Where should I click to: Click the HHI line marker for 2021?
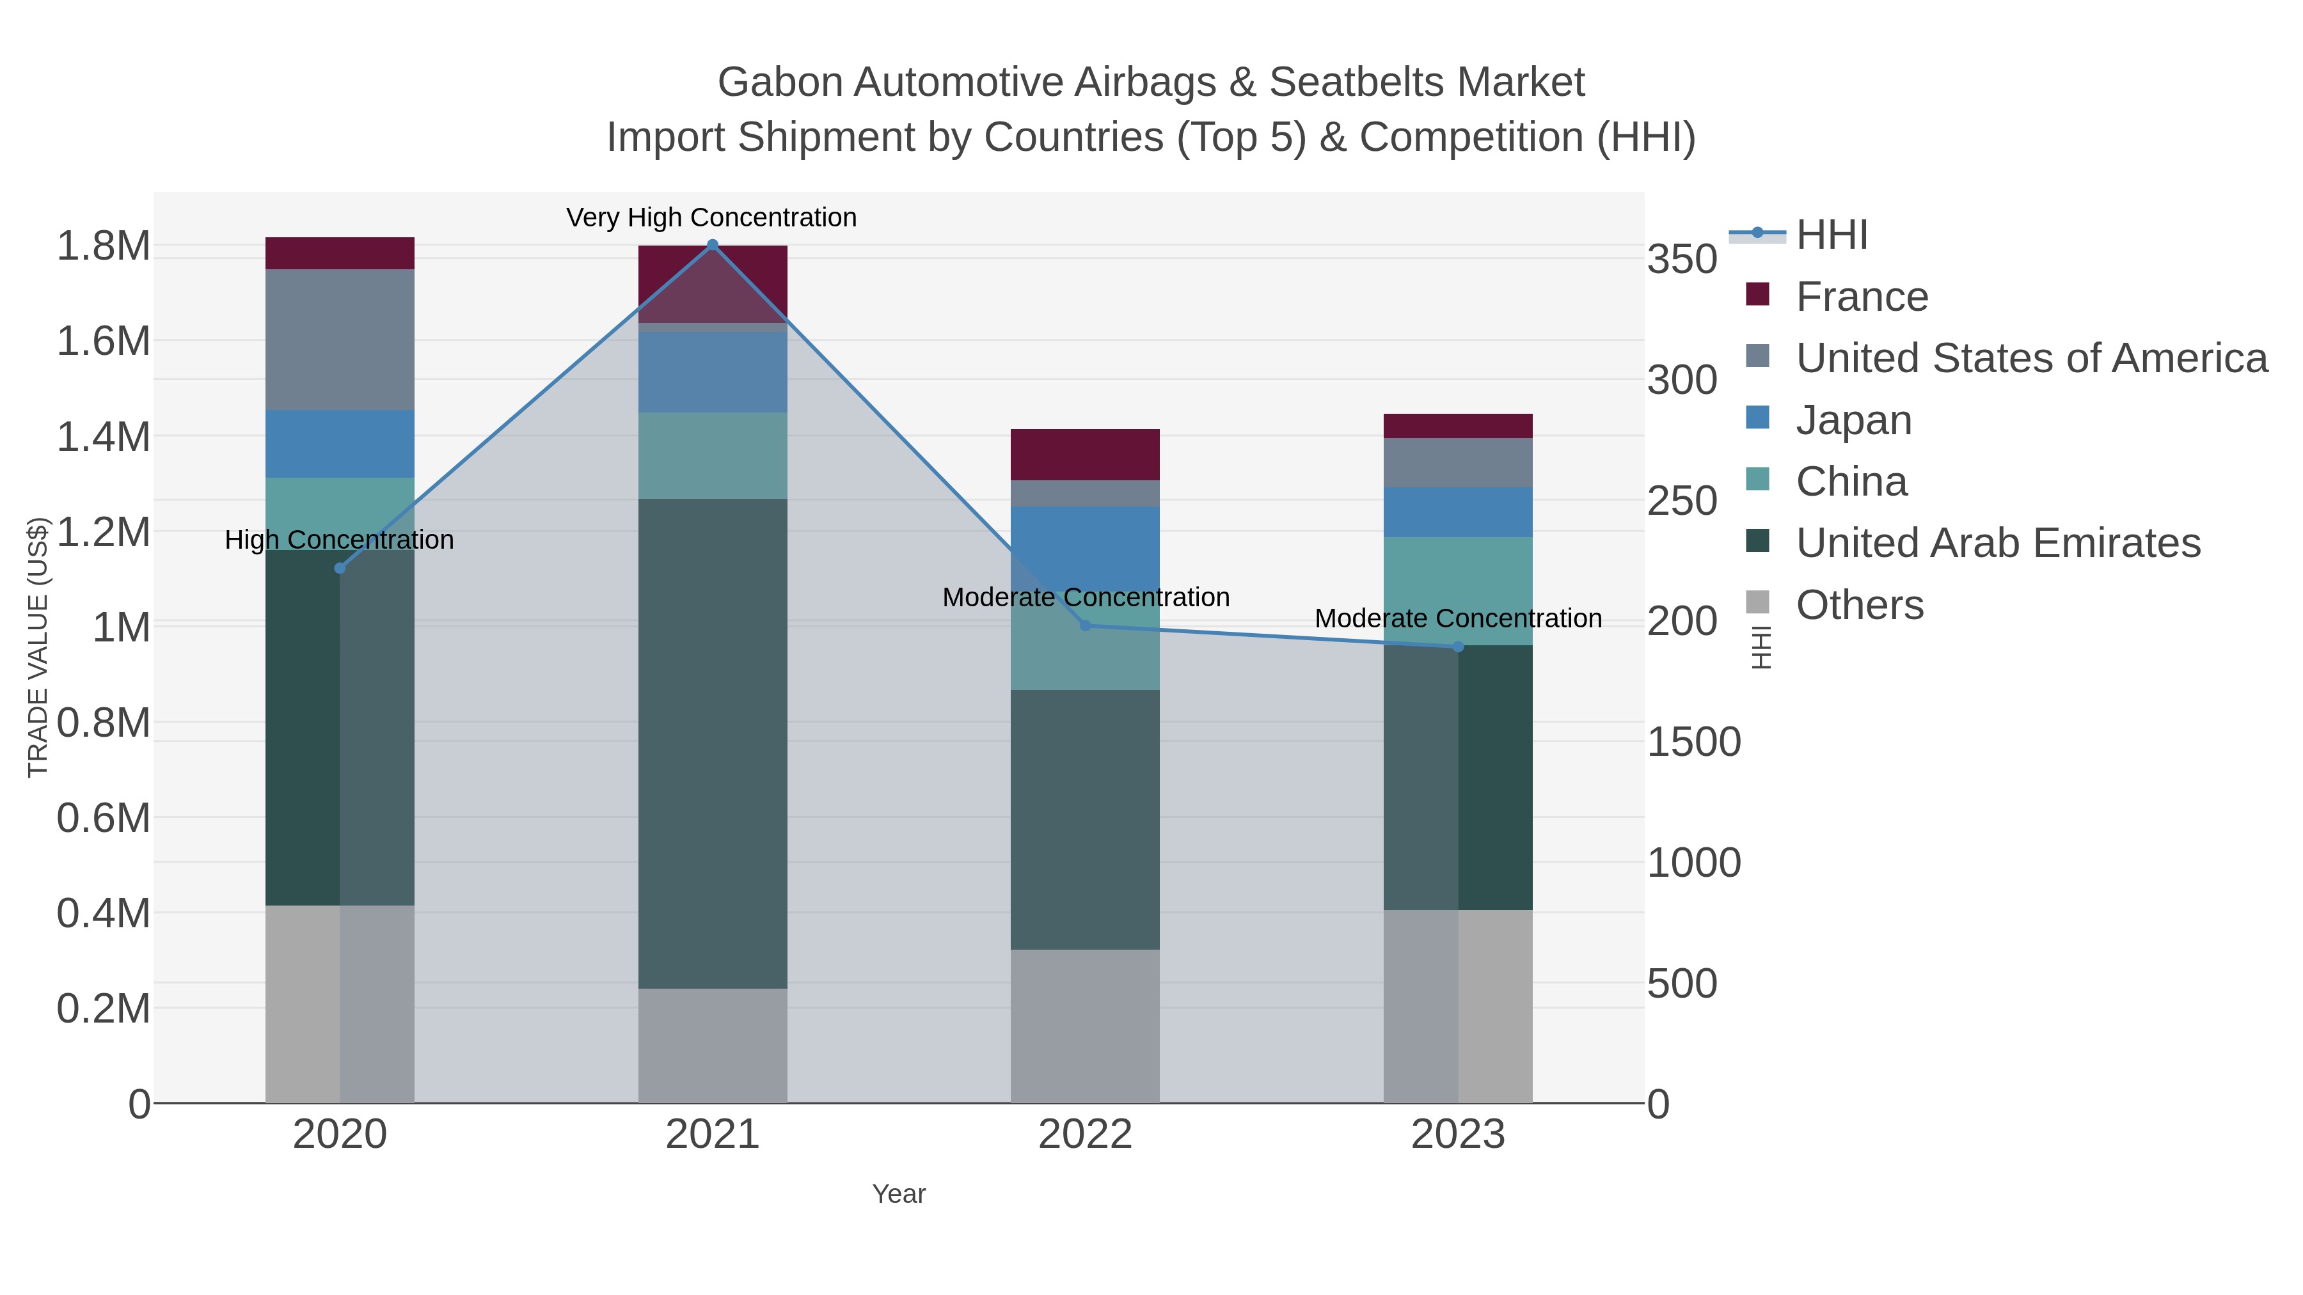713,244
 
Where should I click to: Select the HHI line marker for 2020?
340,567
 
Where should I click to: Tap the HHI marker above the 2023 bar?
1458,646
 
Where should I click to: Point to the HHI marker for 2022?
1086,625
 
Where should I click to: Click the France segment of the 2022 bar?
1086,454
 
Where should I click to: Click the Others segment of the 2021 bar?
713,1045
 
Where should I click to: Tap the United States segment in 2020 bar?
340,340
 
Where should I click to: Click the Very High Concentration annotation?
711,217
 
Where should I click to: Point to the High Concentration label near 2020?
340,540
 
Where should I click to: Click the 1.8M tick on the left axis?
104,246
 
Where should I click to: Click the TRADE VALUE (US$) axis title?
38,647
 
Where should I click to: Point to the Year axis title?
899,1194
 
